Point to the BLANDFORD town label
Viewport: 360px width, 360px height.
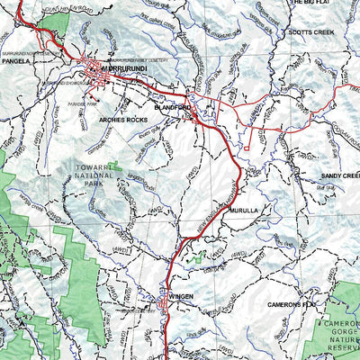(174, 106)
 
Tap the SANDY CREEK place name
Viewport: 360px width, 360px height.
(339, 176)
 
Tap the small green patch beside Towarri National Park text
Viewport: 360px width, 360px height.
(117, 166)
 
